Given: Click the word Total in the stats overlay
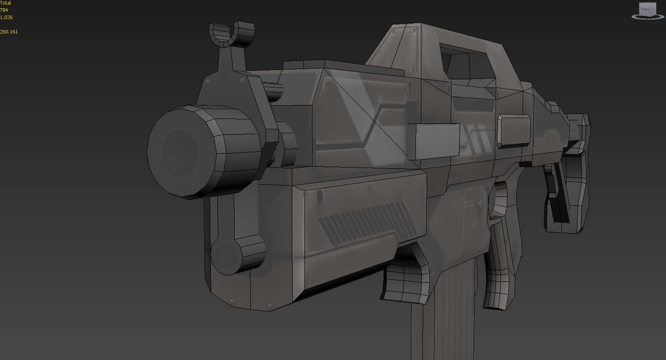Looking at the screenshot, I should [x=6, y=3].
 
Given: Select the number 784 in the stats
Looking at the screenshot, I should [x=4, y=10].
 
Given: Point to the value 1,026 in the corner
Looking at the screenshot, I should [x=6, y=17].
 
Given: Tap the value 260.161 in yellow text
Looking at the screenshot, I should [x=9, y=32].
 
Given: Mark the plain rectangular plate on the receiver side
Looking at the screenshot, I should [x=434, y=140].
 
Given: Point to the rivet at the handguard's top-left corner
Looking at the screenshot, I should [x=319, y=196].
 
